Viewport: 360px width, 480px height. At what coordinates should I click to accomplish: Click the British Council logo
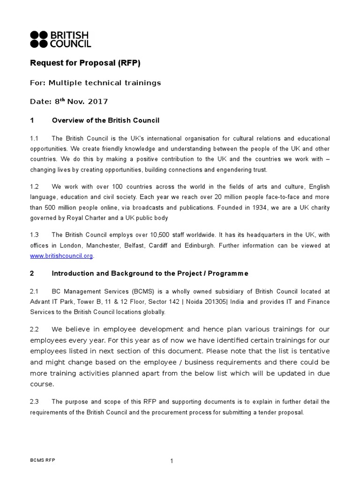tap(60, 39)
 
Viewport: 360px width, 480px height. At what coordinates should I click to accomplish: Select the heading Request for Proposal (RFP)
tap(85, 63)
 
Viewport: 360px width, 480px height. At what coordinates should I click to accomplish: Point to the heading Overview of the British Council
tap(105, 120)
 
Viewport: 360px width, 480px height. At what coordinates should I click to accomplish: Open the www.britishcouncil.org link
tap(61, 256)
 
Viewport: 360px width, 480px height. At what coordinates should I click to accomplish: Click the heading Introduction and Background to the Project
tap(150, 273)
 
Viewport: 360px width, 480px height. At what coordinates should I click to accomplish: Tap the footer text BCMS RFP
tap(42, 460)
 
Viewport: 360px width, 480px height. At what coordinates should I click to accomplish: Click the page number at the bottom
tap(172, 461)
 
